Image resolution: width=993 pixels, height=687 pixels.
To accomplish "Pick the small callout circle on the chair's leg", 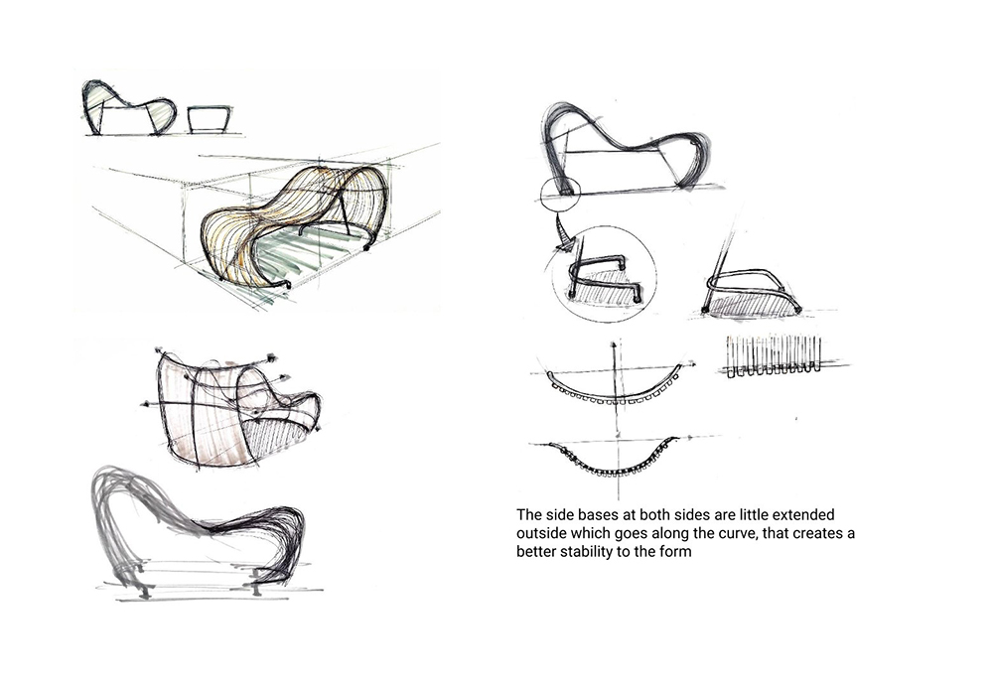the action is [x=560, y=193].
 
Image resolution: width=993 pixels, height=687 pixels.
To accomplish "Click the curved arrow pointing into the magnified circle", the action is [x=563, y=230].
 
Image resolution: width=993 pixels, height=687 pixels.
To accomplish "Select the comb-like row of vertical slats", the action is [x=774, y=356].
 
